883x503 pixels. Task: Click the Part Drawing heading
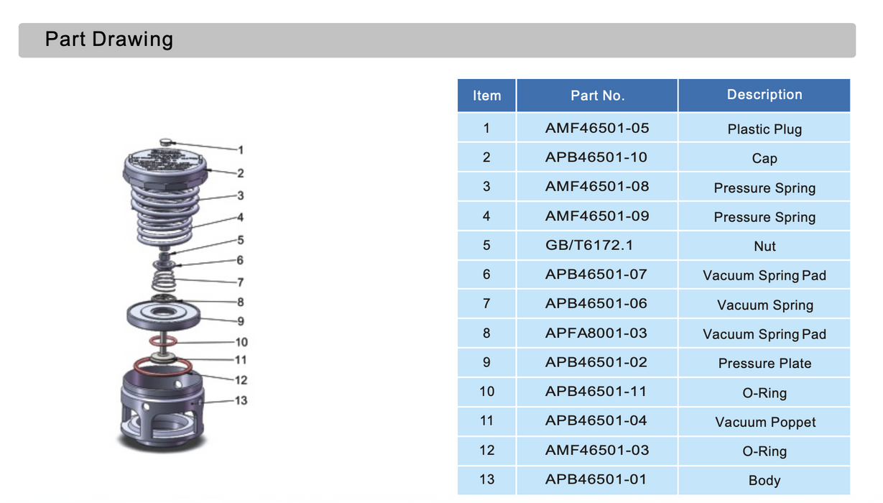click(109, 40)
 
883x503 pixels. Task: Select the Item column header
click(486, 96)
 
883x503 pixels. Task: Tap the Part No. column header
click(597, 96)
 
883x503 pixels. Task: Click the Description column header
click(764, 95)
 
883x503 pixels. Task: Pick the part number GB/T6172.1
click(588, 245)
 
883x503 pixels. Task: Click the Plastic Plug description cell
click(764, 129)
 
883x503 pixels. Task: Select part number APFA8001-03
click(596, 333)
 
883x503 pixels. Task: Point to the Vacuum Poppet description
click(764, 423)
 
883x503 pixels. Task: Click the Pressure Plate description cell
click(764, 364)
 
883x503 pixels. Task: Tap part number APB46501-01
click(596, 479)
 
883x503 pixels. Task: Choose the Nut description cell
click(764, 246)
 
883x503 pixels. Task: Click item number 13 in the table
click(486, 479)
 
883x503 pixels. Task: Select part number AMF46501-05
click(596, 128)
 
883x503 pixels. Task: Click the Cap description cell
click(764, 159)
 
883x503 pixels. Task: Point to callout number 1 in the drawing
click(241, 150)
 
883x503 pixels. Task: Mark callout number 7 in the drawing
click(241, 282)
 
